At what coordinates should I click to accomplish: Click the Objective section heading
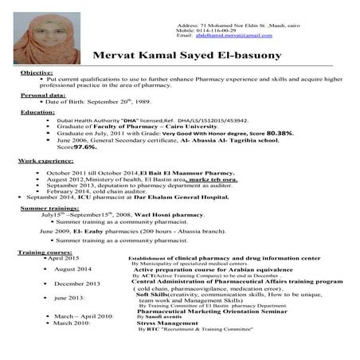coord(37,72)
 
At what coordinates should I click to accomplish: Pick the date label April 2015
coord(64,258)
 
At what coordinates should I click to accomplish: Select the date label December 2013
coord(77,284)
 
